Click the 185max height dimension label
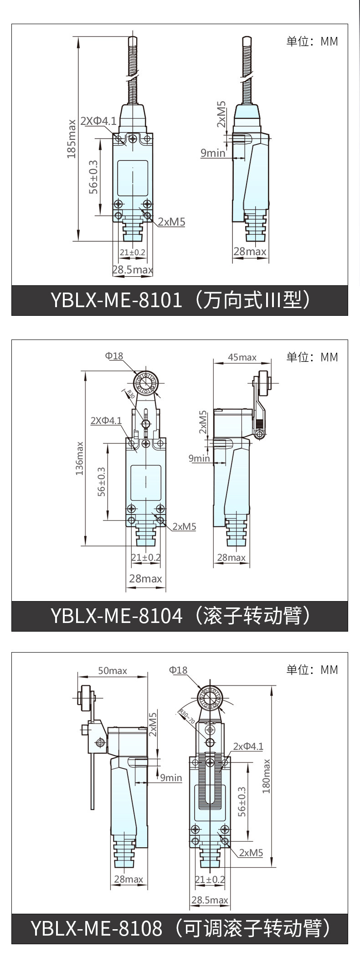click(72, 139)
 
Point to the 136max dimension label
click(80, 458)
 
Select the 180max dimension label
click(266, 776)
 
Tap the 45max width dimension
click(242, 357)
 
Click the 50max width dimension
click(113, 670)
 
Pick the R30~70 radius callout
click(186, 716)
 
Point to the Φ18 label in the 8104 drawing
click(114, 355)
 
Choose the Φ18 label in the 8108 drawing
click(178, 670)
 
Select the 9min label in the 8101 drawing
click(213, 153)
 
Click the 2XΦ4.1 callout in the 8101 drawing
click(98, 121)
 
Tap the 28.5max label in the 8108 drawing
click(210, 900)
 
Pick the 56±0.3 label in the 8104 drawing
click(101, 481)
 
